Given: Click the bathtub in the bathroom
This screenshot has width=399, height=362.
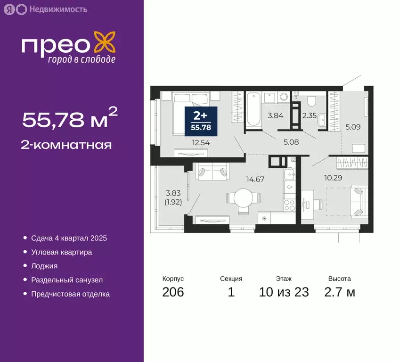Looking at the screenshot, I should tap(253, 109).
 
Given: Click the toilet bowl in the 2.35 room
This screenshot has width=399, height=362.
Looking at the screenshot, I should tap(311, 100).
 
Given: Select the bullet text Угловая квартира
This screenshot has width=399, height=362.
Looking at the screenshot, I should tap(61, 252).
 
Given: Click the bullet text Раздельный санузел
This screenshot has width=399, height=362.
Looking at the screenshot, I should tap(66, 280).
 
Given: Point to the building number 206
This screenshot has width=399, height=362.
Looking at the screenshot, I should tap(173, 292).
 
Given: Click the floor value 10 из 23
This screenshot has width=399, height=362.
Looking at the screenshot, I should tap(284, 292).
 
